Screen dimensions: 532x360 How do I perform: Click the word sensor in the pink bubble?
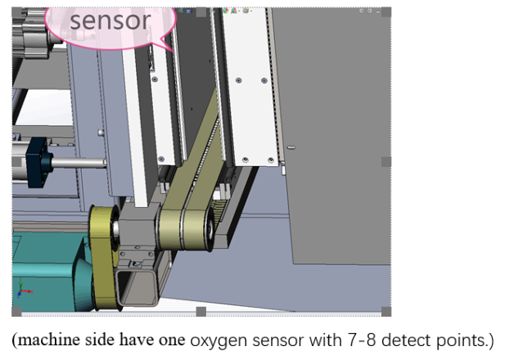pos(110,20)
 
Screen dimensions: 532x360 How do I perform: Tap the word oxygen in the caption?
pos(219,340)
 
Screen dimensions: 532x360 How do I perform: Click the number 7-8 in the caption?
pos(361,340)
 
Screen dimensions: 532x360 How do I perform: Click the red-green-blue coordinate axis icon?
pos(23,290)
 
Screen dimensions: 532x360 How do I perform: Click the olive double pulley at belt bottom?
pos(186,229)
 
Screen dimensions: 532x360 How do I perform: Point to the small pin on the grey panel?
pos(291,147)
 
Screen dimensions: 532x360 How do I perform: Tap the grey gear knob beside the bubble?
pos(30,34)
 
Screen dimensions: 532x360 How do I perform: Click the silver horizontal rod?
pos(79,163)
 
